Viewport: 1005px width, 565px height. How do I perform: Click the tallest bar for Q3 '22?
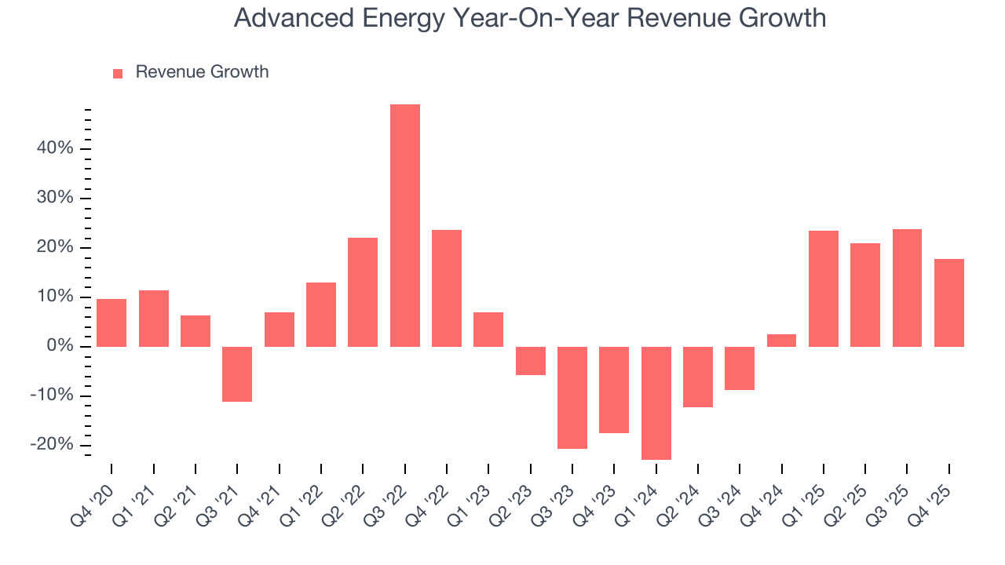point(405,226)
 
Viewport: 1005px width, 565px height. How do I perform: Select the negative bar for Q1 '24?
point(656,403)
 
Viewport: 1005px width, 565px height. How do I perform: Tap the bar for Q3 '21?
point(237,374)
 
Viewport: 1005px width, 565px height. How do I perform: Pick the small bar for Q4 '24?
point(782,341)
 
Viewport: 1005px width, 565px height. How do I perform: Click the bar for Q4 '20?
point(111,323)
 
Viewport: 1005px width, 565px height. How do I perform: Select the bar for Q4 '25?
point(949,303)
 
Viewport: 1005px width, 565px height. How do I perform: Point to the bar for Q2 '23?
point(531,361)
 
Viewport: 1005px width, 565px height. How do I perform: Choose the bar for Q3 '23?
point(572,398)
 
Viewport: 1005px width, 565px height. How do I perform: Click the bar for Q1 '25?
point(824,289)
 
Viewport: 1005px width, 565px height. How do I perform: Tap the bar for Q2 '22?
point(363,292)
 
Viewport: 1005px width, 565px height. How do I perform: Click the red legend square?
point(118,74)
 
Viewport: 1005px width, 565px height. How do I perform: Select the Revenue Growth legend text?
point(202,72)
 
